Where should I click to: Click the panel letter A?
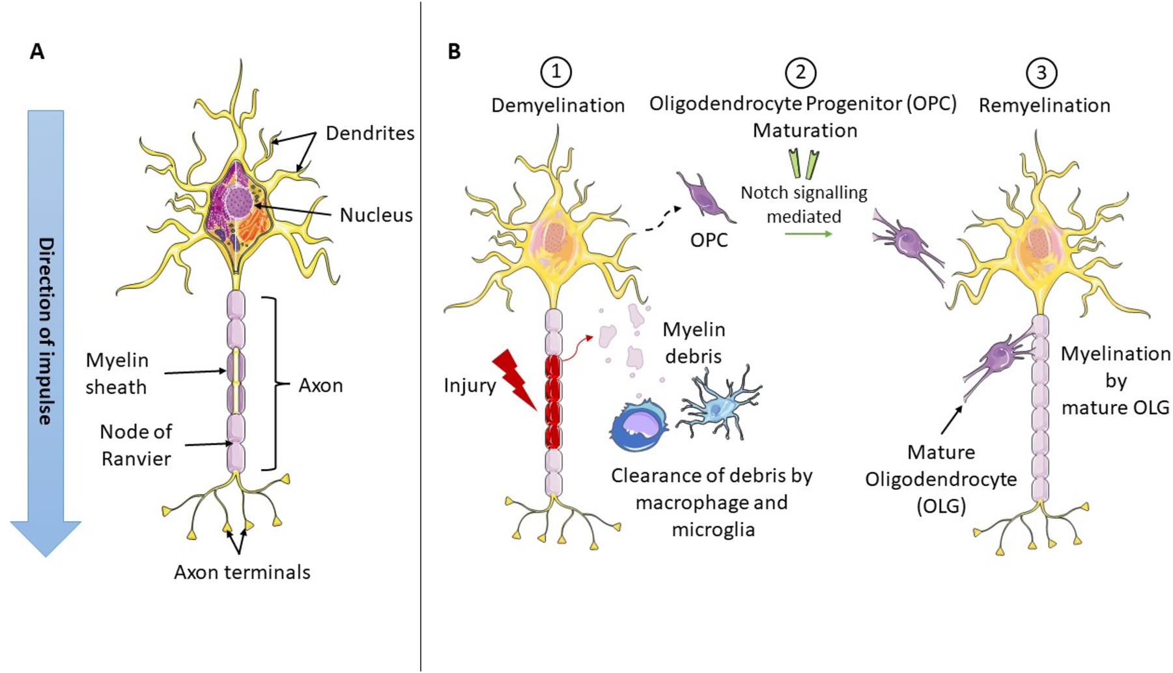(x=37, y=51)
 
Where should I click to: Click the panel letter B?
(x=454, y=51)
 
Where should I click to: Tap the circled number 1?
(x=556, y=72)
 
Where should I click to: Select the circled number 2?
(x=800, y=72)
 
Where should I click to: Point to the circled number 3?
(x=1041, y=72)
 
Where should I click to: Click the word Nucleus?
(x=376, y=215)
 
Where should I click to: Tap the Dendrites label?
(x=370, y=133)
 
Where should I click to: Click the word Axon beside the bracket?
(x=320, y=385)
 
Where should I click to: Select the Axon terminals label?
(x=242, y=572)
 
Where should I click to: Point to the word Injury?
(x=470, y=385)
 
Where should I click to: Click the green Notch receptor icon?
(x=804, y=164)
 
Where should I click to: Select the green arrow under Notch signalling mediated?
(x=808, y=233)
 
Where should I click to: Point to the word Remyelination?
(x=1044, y=106)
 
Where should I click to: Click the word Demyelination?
(x=558, y=106)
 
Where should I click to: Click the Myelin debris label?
(x=694, y=343)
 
